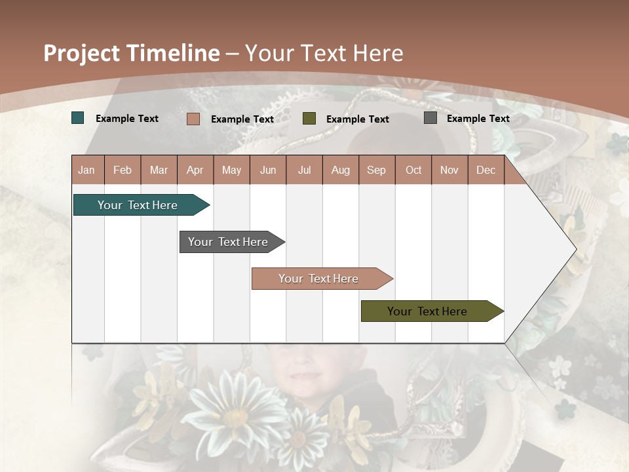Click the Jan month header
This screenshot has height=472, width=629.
(x=87, y=170)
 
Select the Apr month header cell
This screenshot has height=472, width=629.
(x=195, y=170)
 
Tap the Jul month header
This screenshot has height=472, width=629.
(x=304, y=170)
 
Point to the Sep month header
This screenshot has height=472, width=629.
(x=377, y=170)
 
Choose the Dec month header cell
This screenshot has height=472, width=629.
(x=486, y=170)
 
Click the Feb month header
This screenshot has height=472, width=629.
(x=123, y=170)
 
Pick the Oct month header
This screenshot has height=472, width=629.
(x=413, y=170)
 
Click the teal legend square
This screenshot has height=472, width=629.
(x=78, y=118)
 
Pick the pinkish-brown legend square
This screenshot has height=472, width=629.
(x=193, y=119)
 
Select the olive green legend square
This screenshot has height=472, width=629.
(x=309, y=119)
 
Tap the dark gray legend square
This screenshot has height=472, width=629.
(x=430, y=118)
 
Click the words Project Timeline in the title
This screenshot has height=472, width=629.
(x=131, y=53)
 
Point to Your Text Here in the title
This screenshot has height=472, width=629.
(x=324, y=53)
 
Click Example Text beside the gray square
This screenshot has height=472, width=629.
(x=478, y=118)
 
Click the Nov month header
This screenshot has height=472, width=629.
(x=449, y=170)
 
